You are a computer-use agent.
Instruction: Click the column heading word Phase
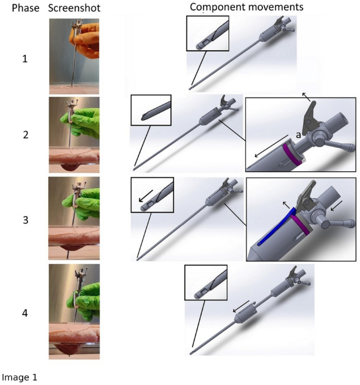(26, 8)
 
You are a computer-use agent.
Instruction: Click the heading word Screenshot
(74, 8)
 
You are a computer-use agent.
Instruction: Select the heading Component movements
(247, 7)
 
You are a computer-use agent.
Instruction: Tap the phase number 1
(25, 59)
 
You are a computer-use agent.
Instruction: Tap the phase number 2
(26, 135)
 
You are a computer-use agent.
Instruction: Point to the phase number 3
(26, 220)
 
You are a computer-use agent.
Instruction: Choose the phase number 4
(25, 313)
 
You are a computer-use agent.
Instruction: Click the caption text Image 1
(20, 377)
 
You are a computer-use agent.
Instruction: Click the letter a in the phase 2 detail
(298, 135)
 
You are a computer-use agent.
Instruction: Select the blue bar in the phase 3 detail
(276, 227)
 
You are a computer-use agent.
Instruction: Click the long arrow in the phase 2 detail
(271, 146)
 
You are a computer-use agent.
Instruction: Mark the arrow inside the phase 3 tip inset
(146, 196)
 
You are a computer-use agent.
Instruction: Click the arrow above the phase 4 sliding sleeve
(241, 306)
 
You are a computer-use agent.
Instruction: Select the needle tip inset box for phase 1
(208, 33)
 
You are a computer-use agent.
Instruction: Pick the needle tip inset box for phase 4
(206, 282)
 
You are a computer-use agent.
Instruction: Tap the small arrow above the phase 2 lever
(306, 97)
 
